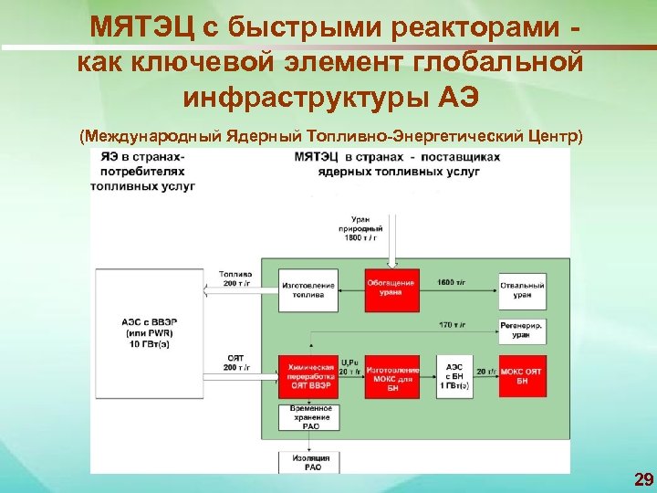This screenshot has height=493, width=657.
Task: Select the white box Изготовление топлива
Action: [309, 288]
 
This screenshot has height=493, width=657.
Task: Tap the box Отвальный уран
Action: [523, 288]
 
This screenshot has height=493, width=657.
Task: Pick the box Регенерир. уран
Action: [523, 331]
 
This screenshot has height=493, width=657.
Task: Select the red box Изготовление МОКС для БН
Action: [391, 376]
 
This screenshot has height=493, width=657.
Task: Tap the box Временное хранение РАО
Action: [309, 418]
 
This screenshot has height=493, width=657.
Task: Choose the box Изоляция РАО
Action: [309, 462]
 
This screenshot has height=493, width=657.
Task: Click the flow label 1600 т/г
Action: [454, 283]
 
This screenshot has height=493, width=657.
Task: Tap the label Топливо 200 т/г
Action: [235, 278]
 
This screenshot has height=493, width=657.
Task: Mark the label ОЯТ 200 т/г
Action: [235, 361]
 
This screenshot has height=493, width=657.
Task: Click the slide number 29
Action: [642, 479]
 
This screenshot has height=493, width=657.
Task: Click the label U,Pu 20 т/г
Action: [349, 366]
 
